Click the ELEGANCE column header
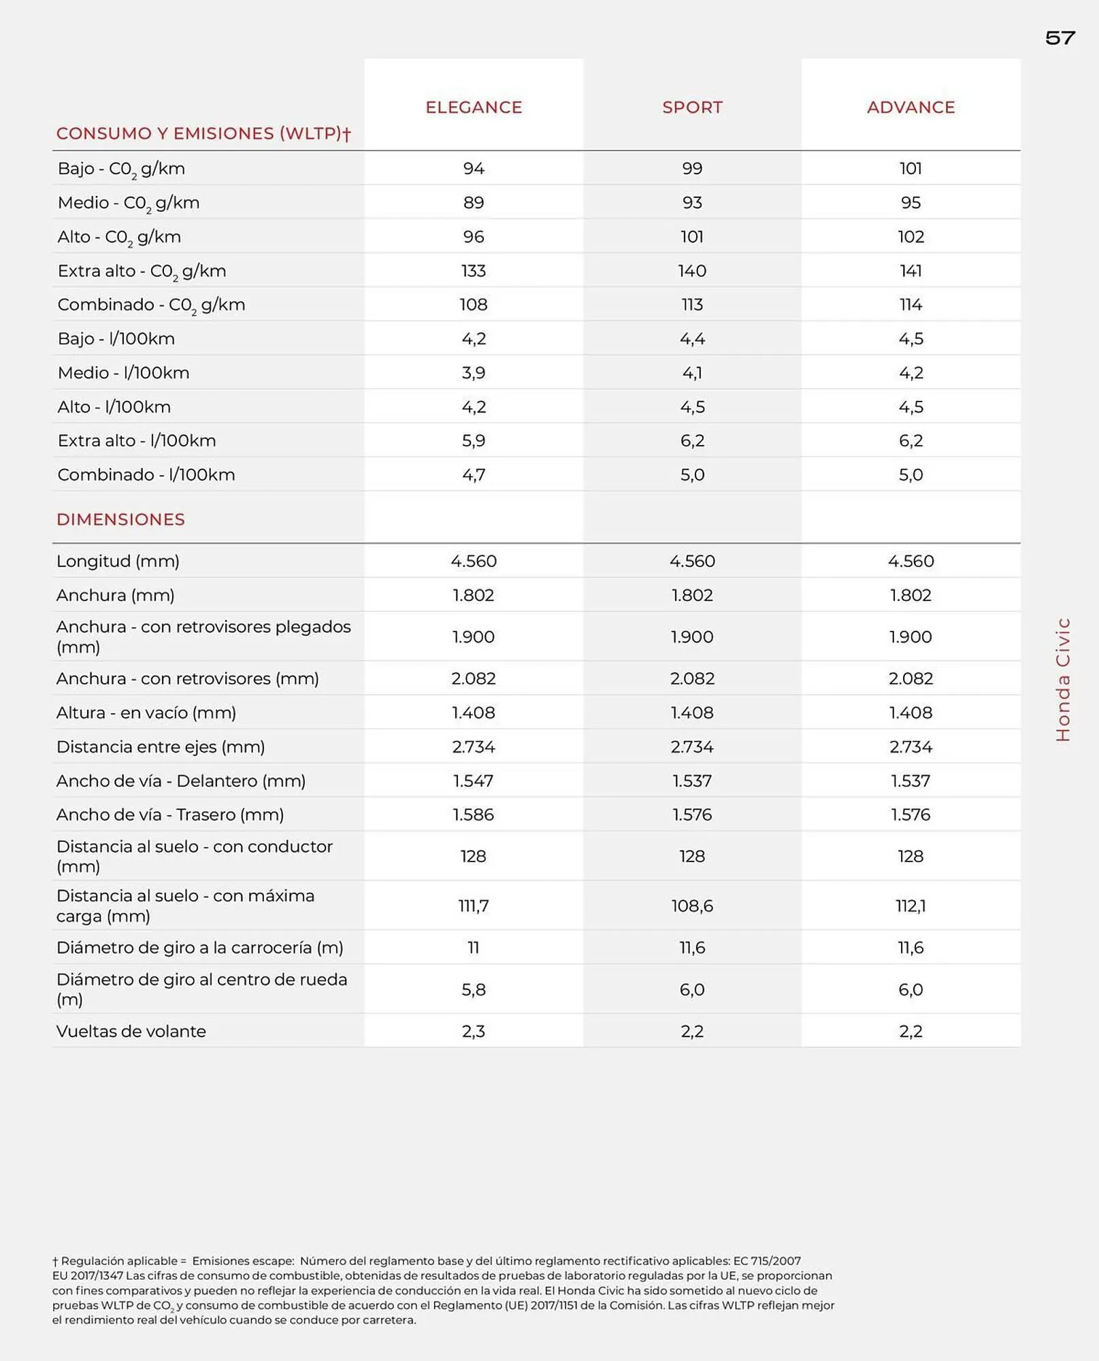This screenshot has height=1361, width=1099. [x=474, y=108]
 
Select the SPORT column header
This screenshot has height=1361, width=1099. [x=692, y=108]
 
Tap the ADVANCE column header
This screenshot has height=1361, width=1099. [x=911, y=108]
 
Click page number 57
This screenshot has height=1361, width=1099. [x=1060, y=38]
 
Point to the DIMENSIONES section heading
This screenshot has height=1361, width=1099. [x=120, y=520]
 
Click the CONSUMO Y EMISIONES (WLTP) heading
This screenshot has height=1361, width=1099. [x=203, y=133]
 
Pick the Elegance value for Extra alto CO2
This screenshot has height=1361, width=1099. [x=474, y=271]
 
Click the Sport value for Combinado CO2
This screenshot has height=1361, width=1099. [x=692, y=305]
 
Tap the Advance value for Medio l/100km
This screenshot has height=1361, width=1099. [x=911, y=373]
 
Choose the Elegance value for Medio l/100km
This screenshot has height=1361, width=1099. [x=474, y=373]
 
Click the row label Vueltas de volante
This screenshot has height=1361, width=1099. [x=131, y=1031]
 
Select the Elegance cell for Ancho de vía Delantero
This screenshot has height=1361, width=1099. [x=474, y=781]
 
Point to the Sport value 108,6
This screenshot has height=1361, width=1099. [x=692, y=906]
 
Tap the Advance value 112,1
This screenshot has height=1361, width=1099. [x=911, y=906]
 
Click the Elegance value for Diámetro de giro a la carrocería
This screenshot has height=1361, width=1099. [x=474, y=947]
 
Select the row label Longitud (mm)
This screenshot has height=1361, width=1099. [x=118, y=561]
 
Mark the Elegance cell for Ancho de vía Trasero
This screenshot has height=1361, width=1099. [x=474, y=815]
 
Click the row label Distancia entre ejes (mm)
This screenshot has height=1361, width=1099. [x=161, y=747]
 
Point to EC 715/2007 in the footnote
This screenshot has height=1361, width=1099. [x=766, y=1261]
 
